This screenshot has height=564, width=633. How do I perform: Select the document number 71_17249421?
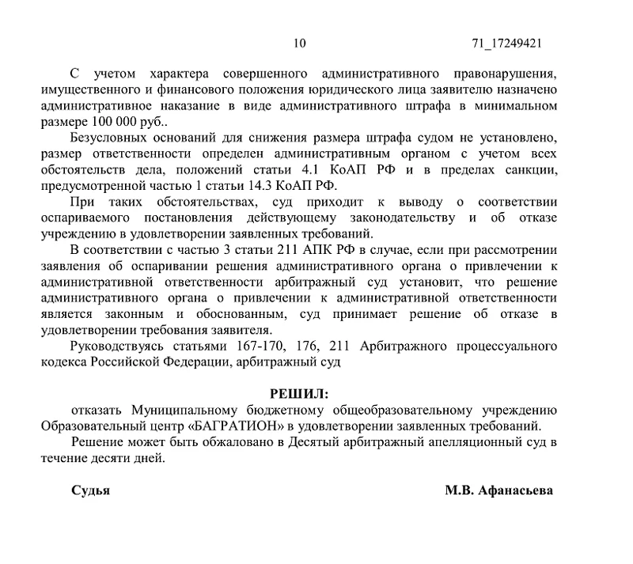pyautogui.click(x=506, y=44)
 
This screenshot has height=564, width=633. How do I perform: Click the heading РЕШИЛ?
pyautogui.click(x=298, y=393)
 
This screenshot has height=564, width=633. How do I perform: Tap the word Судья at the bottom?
pyautogui.click(x=90, y=490)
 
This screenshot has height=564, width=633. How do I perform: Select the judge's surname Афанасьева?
pyautogui.click(x=516, y=490)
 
